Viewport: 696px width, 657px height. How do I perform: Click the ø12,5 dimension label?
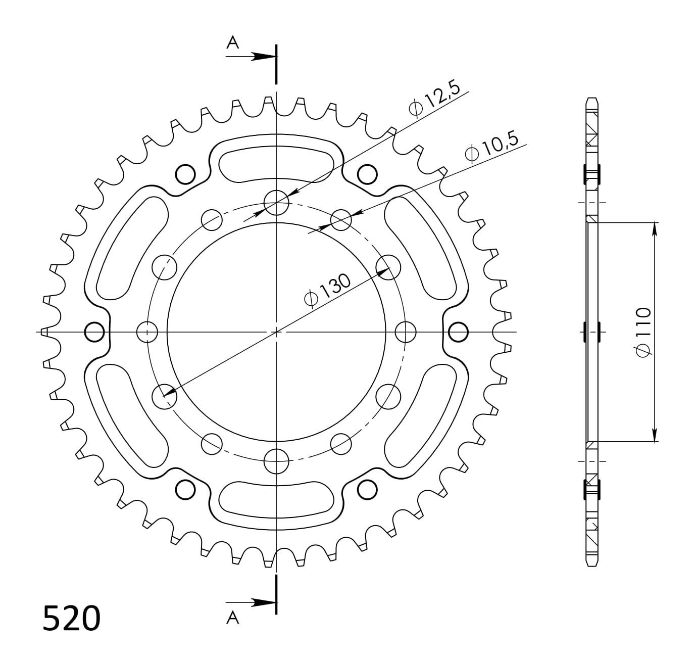pyautogui.click(x=434, y=100)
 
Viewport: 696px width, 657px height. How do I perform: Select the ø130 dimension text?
pyautogui.click(x=327, y=291)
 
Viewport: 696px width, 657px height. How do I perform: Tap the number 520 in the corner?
pyautogui.click(x=71, y=618)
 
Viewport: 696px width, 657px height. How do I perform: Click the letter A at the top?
pyautogui.click(x=232, y=42)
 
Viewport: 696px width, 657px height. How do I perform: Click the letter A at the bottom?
pyautogui.click(x=232, y=617)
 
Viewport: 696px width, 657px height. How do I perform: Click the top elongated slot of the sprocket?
pyautogui.click(x=276, y=164)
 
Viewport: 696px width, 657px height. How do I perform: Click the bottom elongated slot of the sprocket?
pyautogui.click(x=276, y=499)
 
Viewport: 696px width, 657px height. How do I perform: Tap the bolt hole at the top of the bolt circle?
pyautogui.click(x=276, y=203)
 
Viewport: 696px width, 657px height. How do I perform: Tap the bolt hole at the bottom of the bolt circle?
pyautogui.click(x=276, y=460)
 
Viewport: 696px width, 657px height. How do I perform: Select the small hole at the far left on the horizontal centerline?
pyautogui.click(x=94, y=332)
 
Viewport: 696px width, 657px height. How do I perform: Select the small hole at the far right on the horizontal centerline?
pyautogui.click(x=458, y=332)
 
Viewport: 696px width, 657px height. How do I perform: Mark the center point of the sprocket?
pyautogui.click(x=276, y=332)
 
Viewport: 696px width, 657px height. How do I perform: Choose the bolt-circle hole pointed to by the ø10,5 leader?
pyautogui.click(x=341, y=219)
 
